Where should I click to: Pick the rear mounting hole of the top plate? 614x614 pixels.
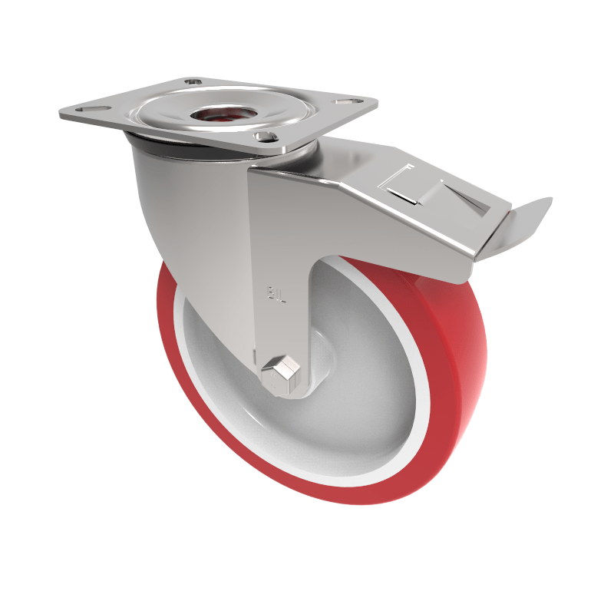click(193, 81)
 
